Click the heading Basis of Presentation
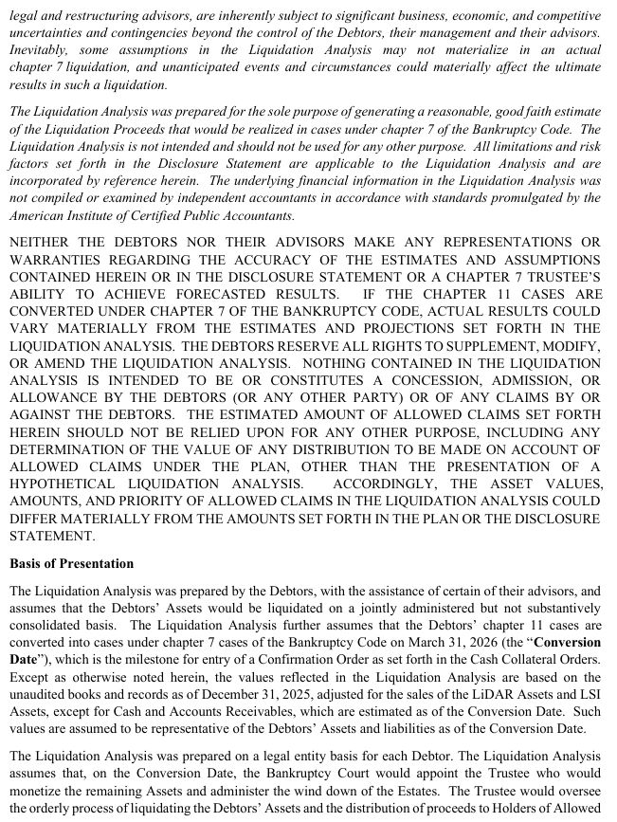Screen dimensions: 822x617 click(72, 563)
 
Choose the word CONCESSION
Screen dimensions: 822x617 click(410, 380)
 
